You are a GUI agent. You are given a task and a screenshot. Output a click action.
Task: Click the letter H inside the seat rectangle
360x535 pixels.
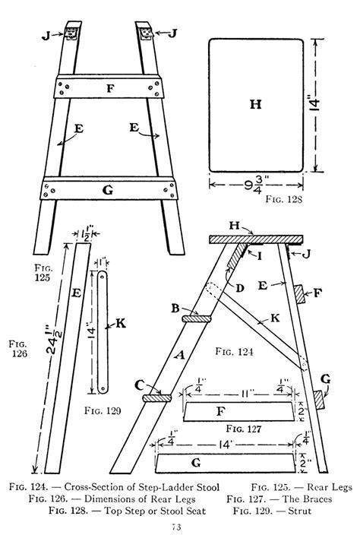pyautogui.click(x=256, y=103)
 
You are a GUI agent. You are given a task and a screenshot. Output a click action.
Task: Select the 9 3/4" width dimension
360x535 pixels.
pyautogui.click(x=256, y=185)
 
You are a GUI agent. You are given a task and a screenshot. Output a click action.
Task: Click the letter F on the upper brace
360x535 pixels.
pyautogui.click(x=110, y=89)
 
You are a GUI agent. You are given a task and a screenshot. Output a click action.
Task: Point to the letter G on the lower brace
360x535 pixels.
pyautogui.click(x=107, y=190)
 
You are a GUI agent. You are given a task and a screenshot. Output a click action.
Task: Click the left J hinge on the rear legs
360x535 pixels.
pyautogui.click(x=71, y=33)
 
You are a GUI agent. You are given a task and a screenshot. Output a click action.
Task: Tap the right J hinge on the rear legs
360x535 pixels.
pyautogui.click(x=147, y=33)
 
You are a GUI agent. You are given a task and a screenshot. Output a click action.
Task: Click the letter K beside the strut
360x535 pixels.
pyautogui.click(x=121, y=323)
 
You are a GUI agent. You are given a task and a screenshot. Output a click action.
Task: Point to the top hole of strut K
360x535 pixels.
pyautogui.click(x=103, y=276)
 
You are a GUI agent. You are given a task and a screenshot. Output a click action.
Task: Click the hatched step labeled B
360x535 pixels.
pyautogui.click(x=197, y=318)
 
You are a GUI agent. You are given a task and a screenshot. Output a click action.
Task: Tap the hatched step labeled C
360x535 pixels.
pyautogui.click(x=157, y=398)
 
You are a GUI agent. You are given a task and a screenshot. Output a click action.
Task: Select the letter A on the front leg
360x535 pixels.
pyautogui.click(x=179, y=355)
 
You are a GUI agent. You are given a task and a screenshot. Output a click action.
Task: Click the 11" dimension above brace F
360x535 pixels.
pyautogui.click(x=246, y=393)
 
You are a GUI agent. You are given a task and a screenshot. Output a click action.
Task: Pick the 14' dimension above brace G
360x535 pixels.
pyautogui.click(x=226, y=445)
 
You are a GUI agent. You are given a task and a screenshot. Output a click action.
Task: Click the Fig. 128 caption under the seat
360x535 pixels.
pyautogui.click(x=283, y=198)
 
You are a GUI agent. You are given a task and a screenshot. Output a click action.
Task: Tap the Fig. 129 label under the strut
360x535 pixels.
pyautogui.click(x=103, y=410)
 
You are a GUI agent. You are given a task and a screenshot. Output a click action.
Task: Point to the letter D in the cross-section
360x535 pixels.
pyautogui.click(x=240, y=288)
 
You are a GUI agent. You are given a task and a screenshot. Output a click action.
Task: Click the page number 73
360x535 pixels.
pyautogui.click(x=176, y=527)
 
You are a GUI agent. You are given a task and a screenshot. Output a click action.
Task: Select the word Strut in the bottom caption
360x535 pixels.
pyautogui.click(x=300, y=511)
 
